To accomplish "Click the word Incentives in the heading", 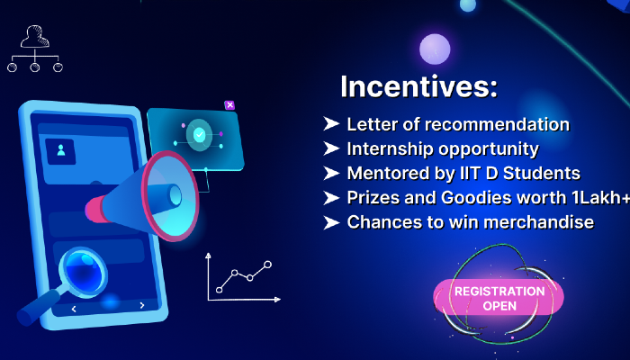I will [418, 87].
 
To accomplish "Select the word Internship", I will [391, 149].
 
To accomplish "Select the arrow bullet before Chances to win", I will [330, 221].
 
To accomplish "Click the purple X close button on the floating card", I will [230, 105].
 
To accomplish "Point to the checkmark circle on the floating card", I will [199, 135].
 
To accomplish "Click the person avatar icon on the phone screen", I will [62, 151].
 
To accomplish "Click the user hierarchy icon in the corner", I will [34, 49].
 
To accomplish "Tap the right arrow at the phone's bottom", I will [142, 305].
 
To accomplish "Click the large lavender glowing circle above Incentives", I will [435, 49].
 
